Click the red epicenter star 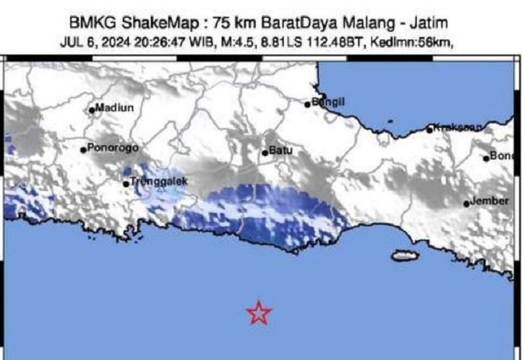259,313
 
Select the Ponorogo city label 112,148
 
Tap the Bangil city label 328,102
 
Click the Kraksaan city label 457,128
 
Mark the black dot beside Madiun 93,109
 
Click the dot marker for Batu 265,153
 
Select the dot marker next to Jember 467,203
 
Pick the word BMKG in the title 91,24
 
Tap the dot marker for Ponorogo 84,150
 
